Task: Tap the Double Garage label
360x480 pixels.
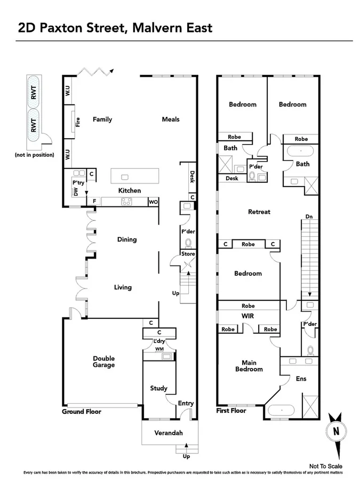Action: tap(104, 362)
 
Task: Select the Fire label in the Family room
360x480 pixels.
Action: tap(78, 122)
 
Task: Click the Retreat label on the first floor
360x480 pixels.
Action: tap(259, 212)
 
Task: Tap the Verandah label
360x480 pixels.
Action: tap(169, 433)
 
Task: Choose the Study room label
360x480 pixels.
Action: tap(158, 388)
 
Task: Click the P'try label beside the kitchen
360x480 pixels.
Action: tap(78, 182)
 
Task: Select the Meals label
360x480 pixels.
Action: tap(171, 119)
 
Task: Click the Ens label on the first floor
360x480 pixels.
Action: tap(301, 379)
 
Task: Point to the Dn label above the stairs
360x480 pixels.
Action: tap(309, 217)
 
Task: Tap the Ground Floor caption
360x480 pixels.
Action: tap(81, 412)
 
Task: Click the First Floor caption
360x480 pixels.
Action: tap(231, 412)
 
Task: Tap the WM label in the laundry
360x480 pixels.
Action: tap(159, 349)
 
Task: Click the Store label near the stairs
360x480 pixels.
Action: tap(188, 253)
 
